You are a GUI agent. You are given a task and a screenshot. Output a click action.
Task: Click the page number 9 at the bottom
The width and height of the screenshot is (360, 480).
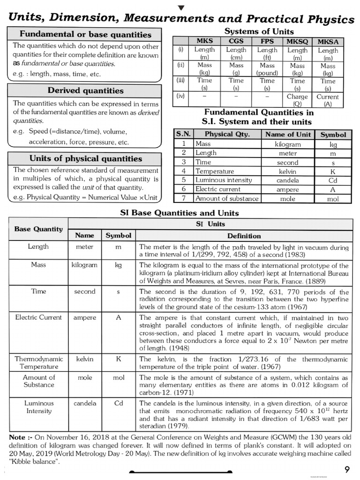tap(346, 469)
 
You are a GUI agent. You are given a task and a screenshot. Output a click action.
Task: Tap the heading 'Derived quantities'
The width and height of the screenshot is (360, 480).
tap(85, 90)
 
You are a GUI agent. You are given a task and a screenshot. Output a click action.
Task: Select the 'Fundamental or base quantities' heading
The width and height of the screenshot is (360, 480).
tap(85, 34)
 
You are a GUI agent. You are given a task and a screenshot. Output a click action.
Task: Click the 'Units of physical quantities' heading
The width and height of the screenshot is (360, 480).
tap(85, 158)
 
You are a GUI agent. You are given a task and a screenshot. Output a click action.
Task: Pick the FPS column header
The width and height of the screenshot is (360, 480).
tap(267, 41)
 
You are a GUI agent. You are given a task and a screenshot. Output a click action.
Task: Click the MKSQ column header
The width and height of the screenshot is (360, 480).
tap(298, 41)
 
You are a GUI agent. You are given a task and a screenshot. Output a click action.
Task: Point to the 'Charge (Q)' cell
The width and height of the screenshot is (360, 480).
tap(298, 100)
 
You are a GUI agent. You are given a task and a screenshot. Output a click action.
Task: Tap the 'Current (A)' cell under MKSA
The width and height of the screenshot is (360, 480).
tap(328, 100)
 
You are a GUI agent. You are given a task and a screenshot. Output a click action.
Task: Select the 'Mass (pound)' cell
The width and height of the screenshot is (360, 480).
tap(267, 69)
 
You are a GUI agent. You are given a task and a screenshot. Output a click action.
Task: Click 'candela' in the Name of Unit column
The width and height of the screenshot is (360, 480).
tap(288, 180)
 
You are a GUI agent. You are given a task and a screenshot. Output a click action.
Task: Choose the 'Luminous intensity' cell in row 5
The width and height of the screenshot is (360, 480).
tap(224, 180)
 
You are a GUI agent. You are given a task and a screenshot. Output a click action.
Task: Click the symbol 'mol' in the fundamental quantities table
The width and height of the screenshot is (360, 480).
tap(333, 198)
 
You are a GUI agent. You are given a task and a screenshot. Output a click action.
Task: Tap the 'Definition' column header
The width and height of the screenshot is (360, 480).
tap(244, 236)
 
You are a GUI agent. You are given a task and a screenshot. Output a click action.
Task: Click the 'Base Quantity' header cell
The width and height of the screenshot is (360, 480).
tap(38, 229)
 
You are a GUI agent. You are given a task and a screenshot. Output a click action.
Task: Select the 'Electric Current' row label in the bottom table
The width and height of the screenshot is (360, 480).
tap(38, 317)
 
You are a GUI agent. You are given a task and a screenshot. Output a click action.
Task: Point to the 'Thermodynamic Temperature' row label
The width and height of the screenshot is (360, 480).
tap(39, 363)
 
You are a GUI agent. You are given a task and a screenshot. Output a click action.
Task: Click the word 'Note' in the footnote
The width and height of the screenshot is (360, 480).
tap(18, 437)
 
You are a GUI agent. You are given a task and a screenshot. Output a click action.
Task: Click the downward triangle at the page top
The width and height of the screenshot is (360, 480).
tap(181, 7)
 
